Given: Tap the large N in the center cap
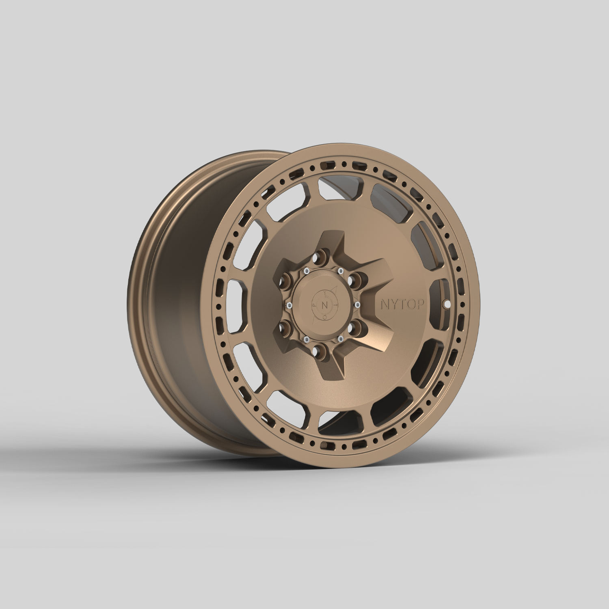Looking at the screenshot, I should click(x=324, y=304).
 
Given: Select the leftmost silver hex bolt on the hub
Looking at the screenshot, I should click(x=289, y=305).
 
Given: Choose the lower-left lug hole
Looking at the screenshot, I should click(x=286, y=327).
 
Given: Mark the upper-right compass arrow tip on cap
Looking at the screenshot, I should click(x=336, y=289).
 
